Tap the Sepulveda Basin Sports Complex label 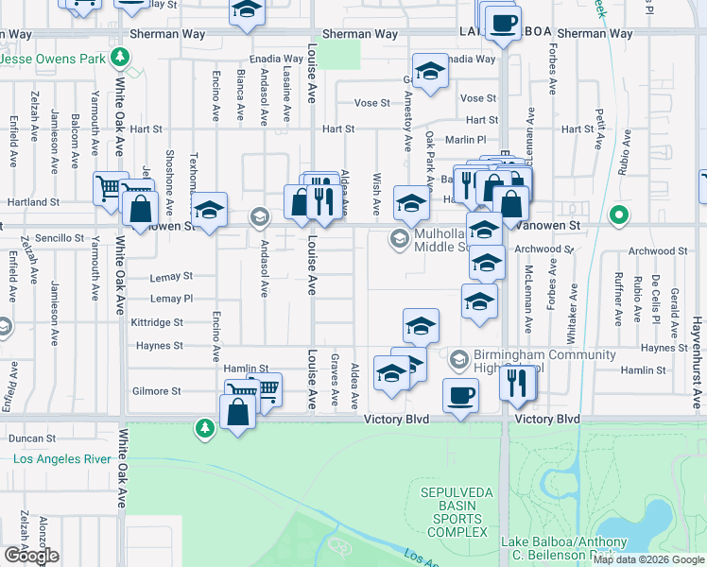point(457,511)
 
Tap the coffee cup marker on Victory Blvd point(460,395)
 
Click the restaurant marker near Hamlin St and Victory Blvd point(518,382)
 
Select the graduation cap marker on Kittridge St point(421,327)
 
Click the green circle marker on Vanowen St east point(619,215)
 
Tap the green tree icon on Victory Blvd point(205,429)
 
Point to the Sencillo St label point(60,238)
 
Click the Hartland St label point(34,202)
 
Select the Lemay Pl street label point(171,299)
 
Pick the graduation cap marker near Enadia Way point(430,73)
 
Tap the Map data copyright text point(648,559)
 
